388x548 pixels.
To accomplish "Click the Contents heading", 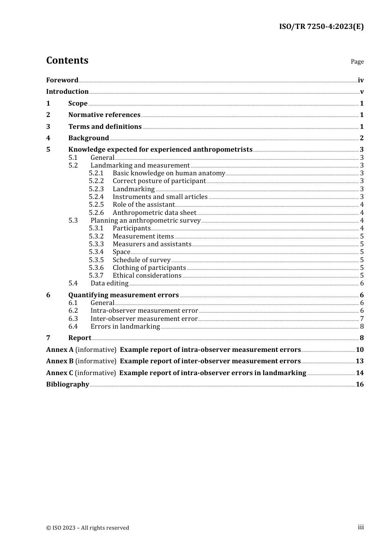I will pyautogui.click(x=67, y=60).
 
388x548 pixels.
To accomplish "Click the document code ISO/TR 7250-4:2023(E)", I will pyautogui.click(x=321, y=27).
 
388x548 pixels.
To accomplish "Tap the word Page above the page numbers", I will pyautogui.click(x=357, y=62).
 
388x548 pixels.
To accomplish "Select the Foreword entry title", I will pyautogui.click(x=62, y=80).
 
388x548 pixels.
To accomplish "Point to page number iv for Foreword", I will pyautogui.click(x=361, y=80).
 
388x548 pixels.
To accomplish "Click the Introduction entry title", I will pyautogui.click(x=67, y=92).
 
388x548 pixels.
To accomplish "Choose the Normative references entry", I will pyautogui.click(x=104, y=115).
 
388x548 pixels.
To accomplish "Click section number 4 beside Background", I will pyautogui.click(x=48, y=138).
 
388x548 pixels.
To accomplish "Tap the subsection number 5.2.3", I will pyautogui.click(x=96, y=189).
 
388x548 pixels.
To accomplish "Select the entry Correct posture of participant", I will pyautogui.click(x=159, y=181).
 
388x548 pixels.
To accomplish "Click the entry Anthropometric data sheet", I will pyautogui.click(x=154, y=213).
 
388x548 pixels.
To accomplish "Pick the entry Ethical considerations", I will pyautogui.click(x=147, y=276).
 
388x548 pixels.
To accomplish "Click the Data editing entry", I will pyautogui.click(x=109, y=283).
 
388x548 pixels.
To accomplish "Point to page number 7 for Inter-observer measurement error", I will pyautogui.click(x=362, y=319).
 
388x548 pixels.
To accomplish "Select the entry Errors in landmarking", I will pyautogui.click(x=125, y=327).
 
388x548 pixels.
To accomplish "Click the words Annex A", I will pyautogui.click(x=60, y=350).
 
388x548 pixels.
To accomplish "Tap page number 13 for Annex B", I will pyautogui.click(x=359, y=361).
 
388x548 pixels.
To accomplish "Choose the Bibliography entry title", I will pyautogui.click(x=67, y=384).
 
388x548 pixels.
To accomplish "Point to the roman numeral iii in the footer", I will pyautogui.click(x=361, y=527).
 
